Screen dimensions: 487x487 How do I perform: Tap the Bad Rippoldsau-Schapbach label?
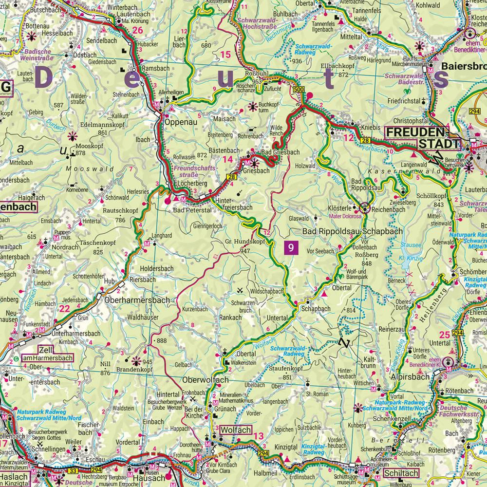(353, 231)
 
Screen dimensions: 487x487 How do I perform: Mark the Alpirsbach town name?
(410, 376)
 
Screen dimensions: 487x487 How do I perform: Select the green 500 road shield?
(299, 90)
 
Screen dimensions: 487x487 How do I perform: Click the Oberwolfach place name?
(205, 380)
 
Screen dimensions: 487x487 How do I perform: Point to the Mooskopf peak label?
(87, 146)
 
